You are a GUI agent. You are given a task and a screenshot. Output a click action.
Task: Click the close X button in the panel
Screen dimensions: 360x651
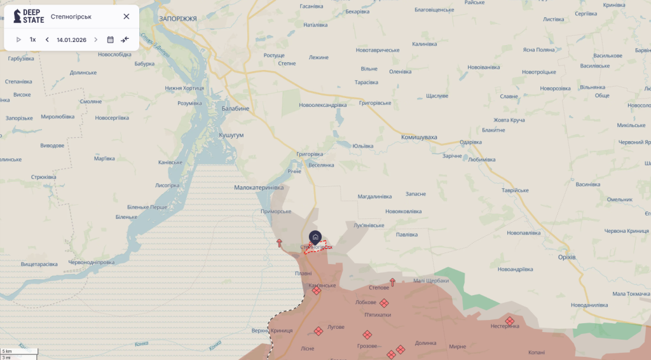126,17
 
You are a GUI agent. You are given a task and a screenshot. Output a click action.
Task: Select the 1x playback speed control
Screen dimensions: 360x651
32,39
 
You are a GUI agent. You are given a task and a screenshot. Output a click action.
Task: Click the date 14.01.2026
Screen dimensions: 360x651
71,39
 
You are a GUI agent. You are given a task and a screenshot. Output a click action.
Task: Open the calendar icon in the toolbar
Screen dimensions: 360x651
110,39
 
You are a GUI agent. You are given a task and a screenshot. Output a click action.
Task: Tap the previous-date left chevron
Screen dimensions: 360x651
47,39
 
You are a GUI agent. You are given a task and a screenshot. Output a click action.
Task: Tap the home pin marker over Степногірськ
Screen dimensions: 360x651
315,237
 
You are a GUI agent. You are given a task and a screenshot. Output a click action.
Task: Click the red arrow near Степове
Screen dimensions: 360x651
392,282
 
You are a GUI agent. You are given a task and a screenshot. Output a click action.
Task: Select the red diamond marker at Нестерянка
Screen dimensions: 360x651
510,321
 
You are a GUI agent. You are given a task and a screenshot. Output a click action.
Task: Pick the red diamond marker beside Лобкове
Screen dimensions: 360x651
384,303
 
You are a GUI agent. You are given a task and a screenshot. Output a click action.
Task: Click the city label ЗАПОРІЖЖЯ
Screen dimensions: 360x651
178,19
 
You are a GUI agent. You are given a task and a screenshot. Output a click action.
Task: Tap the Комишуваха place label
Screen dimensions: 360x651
419,137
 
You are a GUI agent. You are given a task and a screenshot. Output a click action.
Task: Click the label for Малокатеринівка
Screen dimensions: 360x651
259,188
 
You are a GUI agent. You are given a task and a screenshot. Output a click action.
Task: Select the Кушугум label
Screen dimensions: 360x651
231,135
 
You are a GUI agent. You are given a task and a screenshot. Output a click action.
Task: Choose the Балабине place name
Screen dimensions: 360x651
235,109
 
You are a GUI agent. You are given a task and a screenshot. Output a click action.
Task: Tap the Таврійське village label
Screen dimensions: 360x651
515,190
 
